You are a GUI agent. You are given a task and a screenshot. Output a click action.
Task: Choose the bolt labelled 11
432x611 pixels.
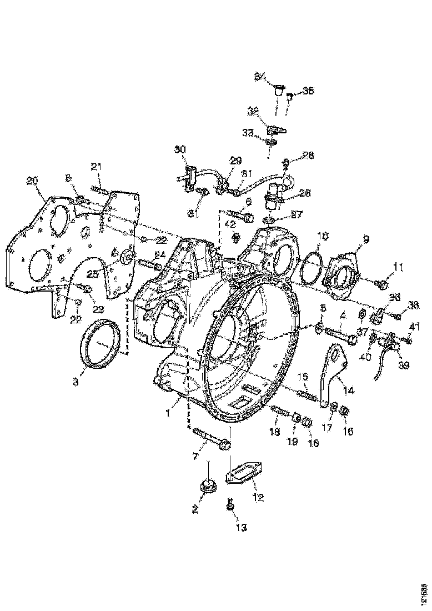[382, 285]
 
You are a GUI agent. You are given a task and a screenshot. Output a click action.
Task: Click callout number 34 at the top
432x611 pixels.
[260, 76]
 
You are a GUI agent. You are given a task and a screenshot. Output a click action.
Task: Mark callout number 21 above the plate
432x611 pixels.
[97, 166]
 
